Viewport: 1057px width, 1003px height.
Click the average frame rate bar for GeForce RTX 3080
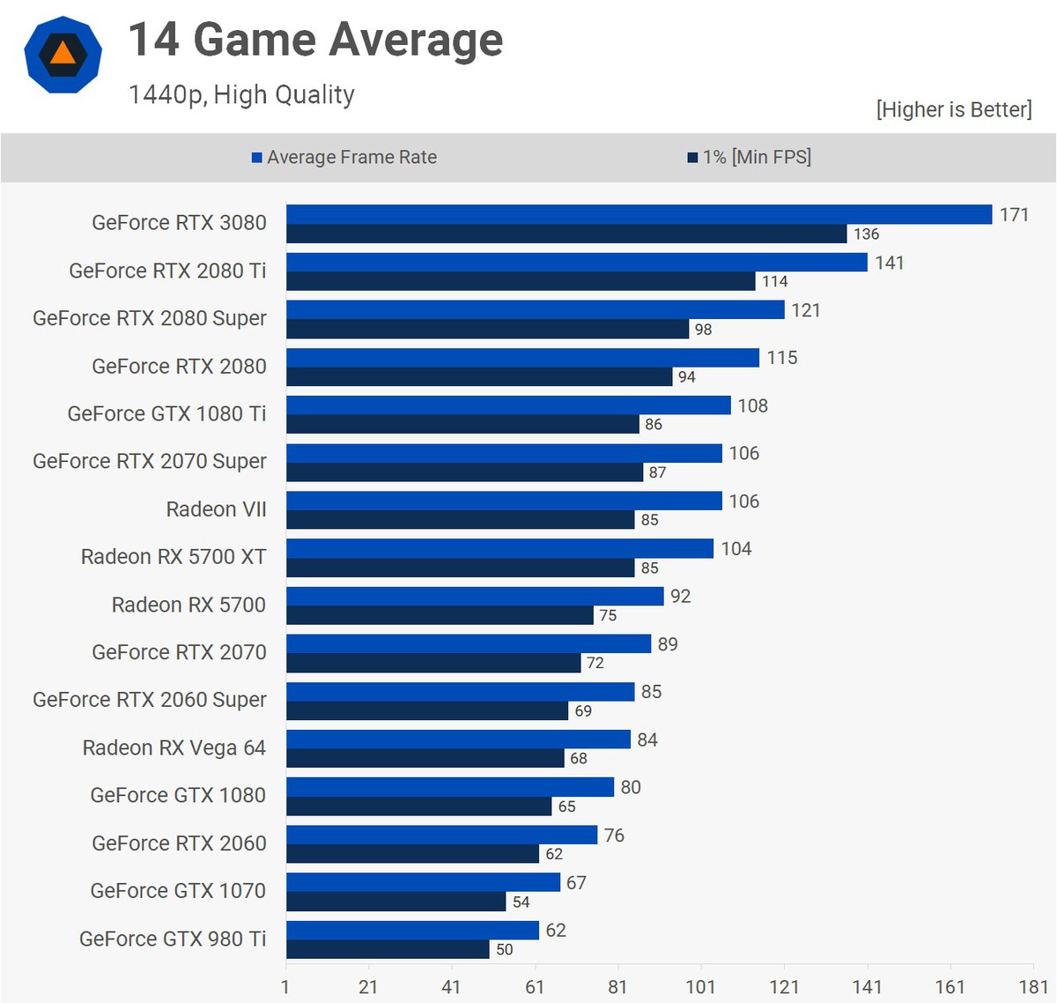pos(639,214)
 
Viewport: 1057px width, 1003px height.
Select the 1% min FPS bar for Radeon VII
pos(460,520)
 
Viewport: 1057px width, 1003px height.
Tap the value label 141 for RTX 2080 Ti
pos(889,263)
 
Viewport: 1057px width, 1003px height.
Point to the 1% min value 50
pos(504,949)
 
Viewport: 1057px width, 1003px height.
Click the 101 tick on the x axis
pos(700,987)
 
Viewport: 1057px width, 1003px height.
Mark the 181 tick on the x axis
pos(1033,987)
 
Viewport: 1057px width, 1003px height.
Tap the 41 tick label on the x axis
pos(451,987)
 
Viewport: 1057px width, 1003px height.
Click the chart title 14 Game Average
pos(315,41)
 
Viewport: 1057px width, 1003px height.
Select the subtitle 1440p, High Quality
pos(241,94)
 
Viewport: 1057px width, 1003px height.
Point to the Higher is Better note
pos(953,109)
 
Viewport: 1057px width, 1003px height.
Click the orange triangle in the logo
pos(63,53)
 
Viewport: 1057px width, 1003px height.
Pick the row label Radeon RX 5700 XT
pos(174,557)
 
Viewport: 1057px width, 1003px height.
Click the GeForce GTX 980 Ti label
pos(173,939)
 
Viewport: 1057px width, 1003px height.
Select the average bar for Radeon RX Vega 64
pos(458,739)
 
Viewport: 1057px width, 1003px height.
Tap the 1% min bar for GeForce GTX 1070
pos(395,902)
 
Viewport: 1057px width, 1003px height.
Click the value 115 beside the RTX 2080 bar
pos(781,358)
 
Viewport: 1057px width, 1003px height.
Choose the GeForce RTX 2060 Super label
pos(150,700)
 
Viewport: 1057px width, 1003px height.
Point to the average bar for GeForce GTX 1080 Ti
pos(508,405)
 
